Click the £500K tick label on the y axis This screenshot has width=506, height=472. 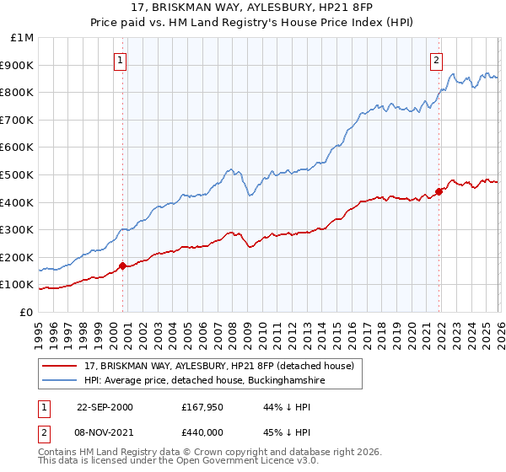coord(17,174)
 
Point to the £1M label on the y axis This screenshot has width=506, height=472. coord(23,38)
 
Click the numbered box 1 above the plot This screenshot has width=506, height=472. coord(121,60)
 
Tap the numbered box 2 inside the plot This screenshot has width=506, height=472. coord(436,60)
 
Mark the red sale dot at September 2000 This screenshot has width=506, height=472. coord(123,266)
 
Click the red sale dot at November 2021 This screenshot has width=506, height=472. coord(439,191)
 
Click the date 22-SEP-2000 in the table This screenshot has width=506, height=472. coord(105,407)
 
